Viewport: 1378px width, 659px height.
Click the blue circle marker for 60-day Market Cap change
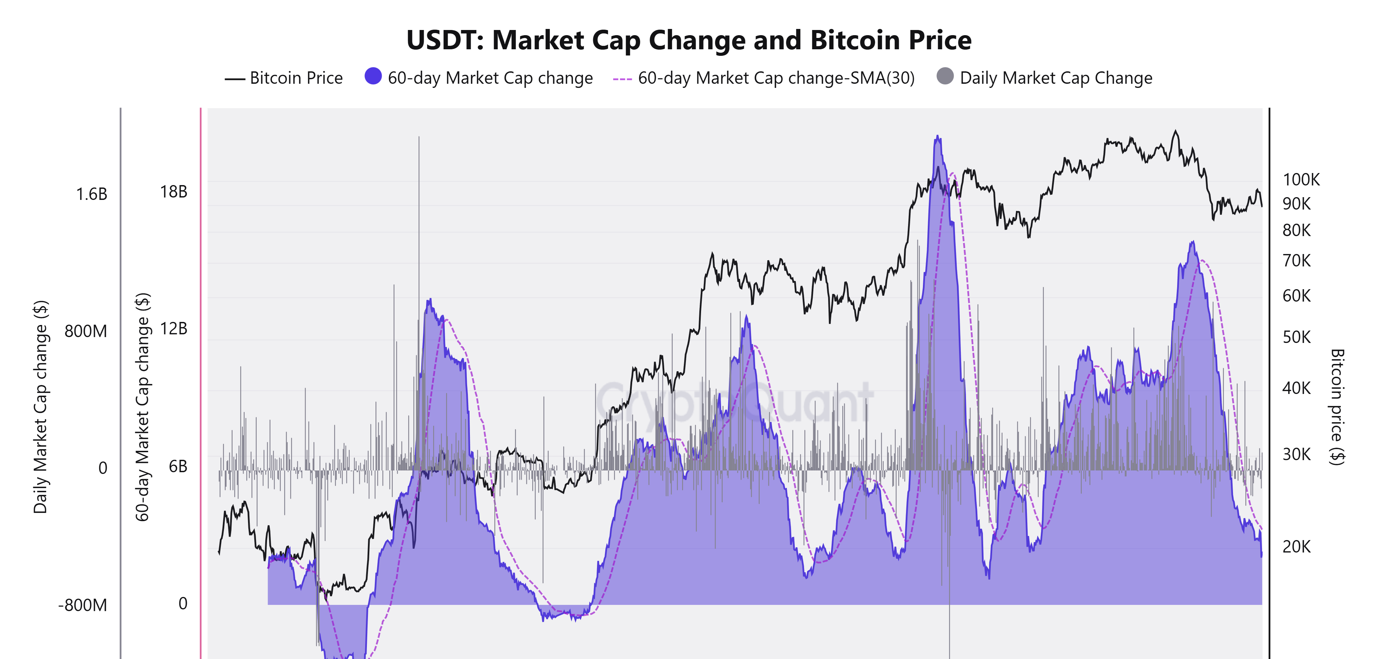pos(373,76)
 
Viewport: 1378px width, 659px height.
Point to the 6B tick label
pos(178,466)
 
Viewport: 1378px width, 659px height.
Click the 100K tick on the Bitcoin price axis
pos(1301,179)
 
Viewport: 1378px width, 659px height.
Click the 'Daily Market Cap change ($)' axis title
pos(41,407)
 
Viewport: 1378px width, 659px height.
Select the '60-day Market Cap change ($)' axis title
pos(142,407)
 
